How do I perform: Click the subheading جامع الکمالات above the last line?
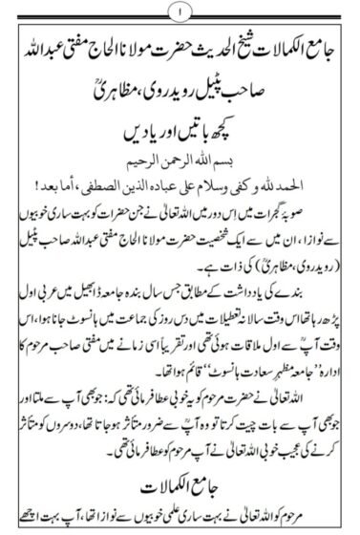pos(180,485)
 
